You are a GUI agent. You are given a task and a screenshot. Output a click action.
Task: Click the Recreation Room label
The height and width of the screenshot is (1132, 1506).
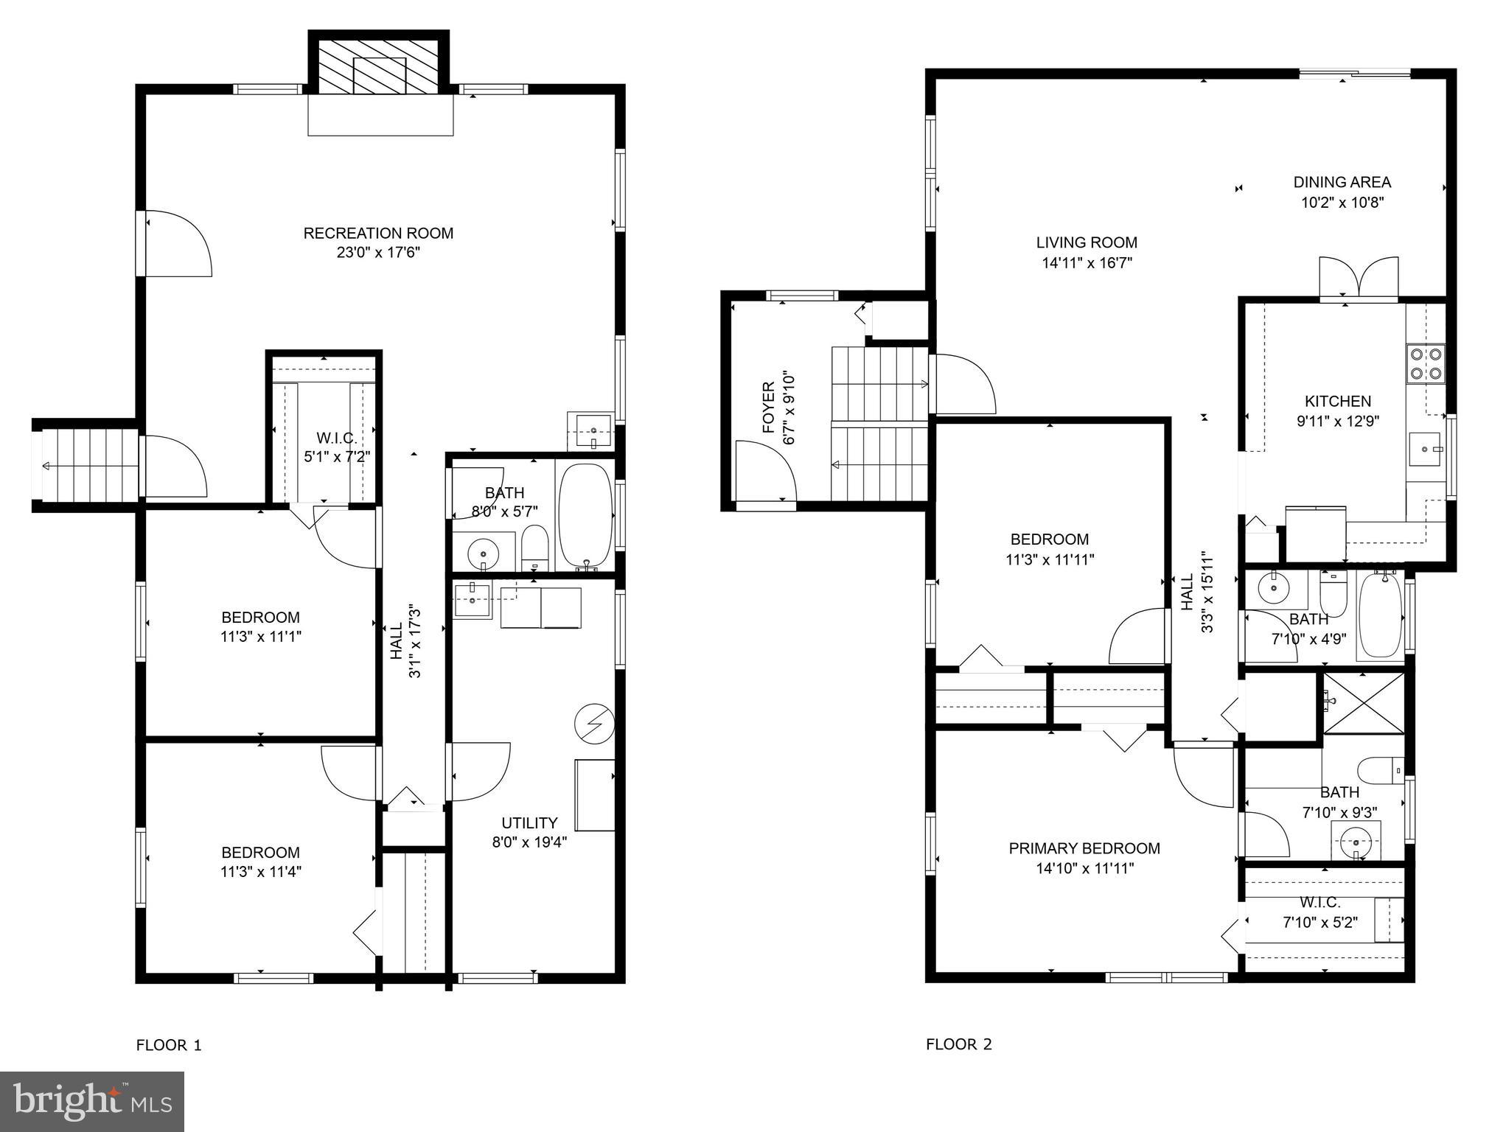click(378, 234)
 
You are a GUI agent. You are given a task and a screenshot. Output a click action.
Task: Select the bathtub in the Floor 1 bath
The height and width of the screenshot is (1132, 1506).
click(585, 514)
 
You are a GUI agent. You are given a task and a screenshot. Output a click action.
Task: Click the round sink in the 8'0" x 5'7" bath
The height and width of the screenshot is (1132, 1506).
click(484, 551)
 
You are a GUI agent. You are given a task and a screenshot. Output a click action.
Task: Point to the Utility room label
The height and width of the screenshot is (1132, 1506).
click(529, 823)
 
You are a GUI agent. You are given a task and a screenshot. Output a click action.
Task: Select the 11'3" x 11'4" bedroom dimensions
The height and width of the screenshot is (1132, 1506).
click(260, 872)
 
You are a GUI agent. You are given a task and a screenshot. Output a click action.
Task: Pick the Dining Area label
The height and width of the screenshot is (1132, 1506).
click(1342, 182)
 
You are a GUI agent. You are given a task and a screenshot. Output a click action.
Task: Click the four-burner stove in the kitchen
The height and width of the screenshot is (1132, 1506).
click(1425, 363)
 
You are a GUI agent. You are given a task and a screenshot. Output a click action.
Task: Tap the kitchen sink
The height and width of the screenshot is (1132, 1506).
click(1424, 449)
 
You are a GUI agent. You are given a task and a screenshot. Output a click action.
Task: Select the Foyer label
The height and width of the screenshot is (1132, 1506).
click(768, 408)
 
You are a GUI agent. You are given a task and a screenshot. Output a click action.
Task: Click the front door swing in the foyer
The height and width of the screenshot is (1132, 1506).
click(767, 472)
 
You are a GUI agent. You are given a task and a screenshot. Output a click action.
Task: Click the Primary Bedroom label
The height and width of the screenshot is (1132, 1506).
click(1084, 848)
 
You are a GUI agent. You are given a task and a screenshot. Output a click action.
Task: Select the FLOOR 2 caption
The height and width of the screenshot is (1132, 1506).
click(958, 1044)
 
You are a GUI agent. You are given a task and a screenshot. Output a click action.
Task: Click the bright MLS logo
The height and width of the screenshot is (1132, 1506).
click(92, 1101)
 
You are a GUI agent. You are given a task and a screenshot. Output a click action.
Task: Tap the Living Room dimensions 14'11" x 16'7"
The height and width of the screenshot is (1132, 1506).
click(1087, 262)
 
